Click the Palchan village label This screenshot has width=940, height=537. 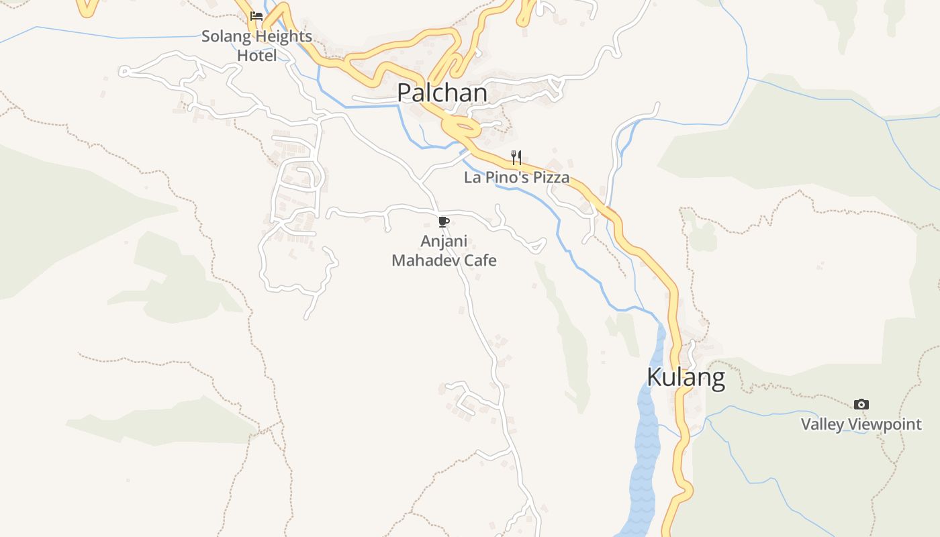coord(442,93)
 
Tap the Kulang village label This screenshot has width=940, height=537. coord(686,377)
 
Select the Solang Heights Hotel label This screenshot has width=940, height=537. coord(256,46)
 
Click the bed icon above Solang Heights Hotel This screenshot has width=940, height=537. coord(256,16)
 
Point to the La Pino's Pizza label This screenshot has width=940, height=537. coord(516,178)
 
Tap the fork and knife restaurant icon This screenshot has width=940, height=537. coord(516,158)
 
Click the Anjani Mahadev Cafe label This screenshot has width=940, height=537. coord(444,250)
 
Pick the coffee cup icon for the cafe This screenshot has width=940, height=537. coord(443,222)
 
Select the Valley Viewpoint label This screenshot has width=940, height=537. coord(861,424)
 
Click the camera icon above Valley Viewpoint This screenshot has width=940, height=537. coord(861,404)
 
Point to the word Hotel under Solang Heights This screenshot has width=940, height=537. coord(256,56)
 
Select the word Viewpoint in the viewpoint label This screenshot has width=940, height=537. coord(884,424)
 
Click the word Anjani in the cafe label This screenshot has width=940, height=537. coord(444,241)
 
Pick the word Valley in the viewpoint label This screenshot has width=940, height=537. coord(822,424)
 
